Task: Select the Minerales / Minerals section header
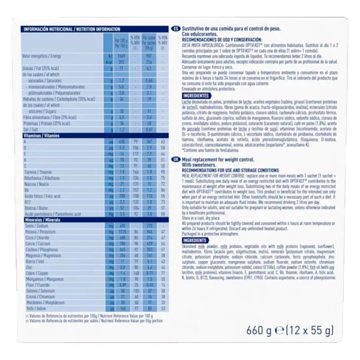click(41, 219)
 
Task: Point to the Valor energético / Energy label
click(41, 56)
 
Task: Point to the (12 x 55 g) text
click(311, 332)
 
